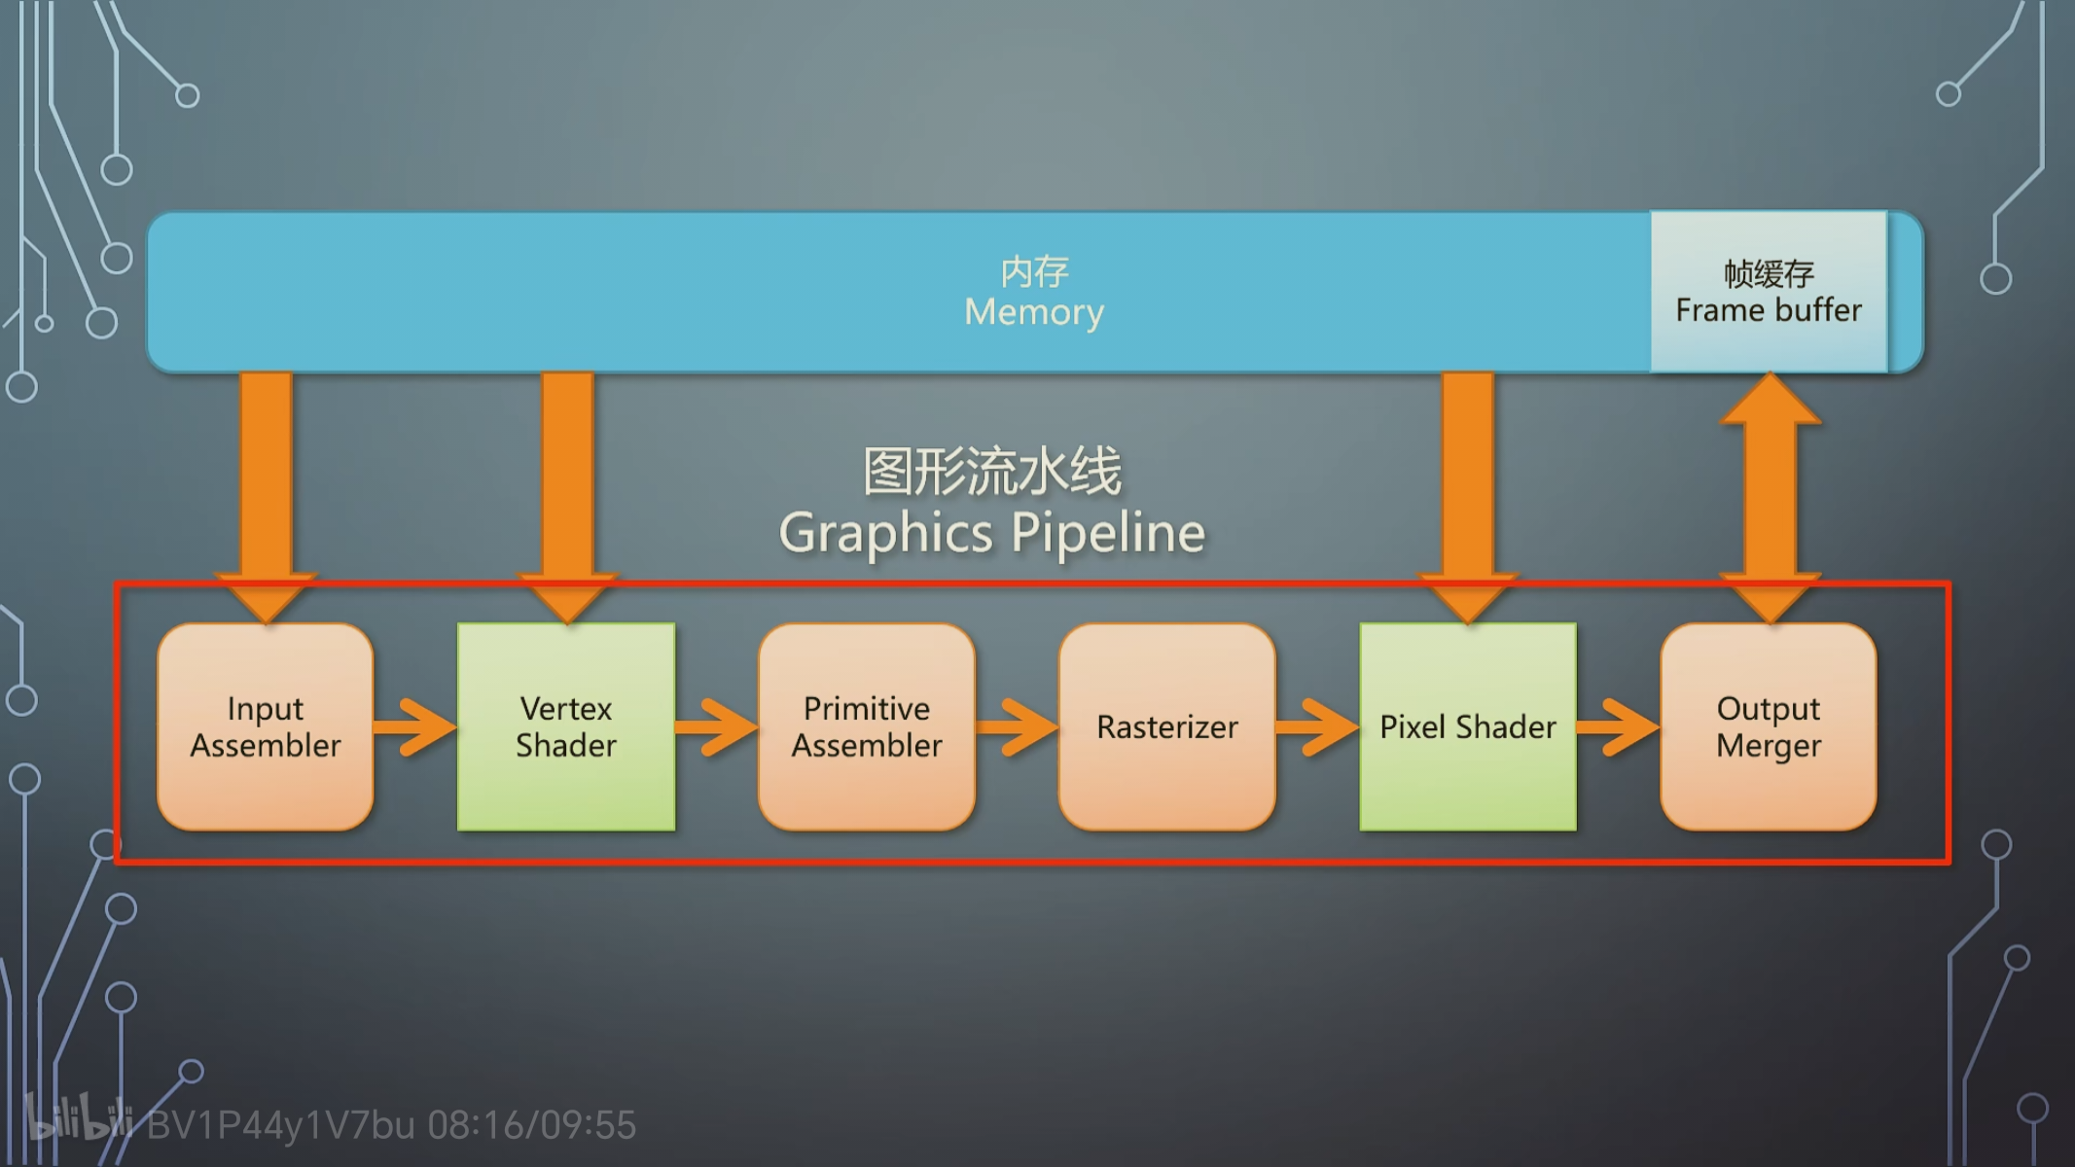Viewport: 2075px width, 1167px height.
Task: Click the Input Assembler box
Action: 266,726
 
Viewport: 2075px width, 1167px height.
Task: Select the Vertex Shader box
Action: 566,726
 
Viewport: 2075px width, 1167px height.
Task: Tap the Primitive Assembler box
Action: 867,726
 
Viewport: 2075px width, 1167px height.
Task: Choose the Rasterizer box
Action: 1167,726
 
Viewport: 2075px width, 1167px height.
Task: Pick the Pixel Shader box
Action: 1468,726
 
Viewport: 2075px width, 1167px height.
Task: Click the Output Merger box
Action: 1769,726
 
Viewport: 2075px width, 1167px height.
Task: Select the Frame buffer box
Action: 1769,291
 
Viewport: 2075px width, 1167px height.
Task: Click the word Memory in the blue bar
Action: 1034,312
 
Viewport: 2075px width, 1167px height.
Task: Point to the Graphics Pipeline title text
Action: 992,532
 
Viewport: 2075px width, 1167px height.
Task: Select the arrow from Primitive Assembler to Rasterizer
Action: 1018,726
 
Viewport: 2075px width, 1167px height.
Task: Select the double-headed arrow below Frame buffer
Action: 1771,498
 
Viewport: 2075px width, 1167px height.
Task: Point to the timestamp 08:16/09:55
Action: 532,1125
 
